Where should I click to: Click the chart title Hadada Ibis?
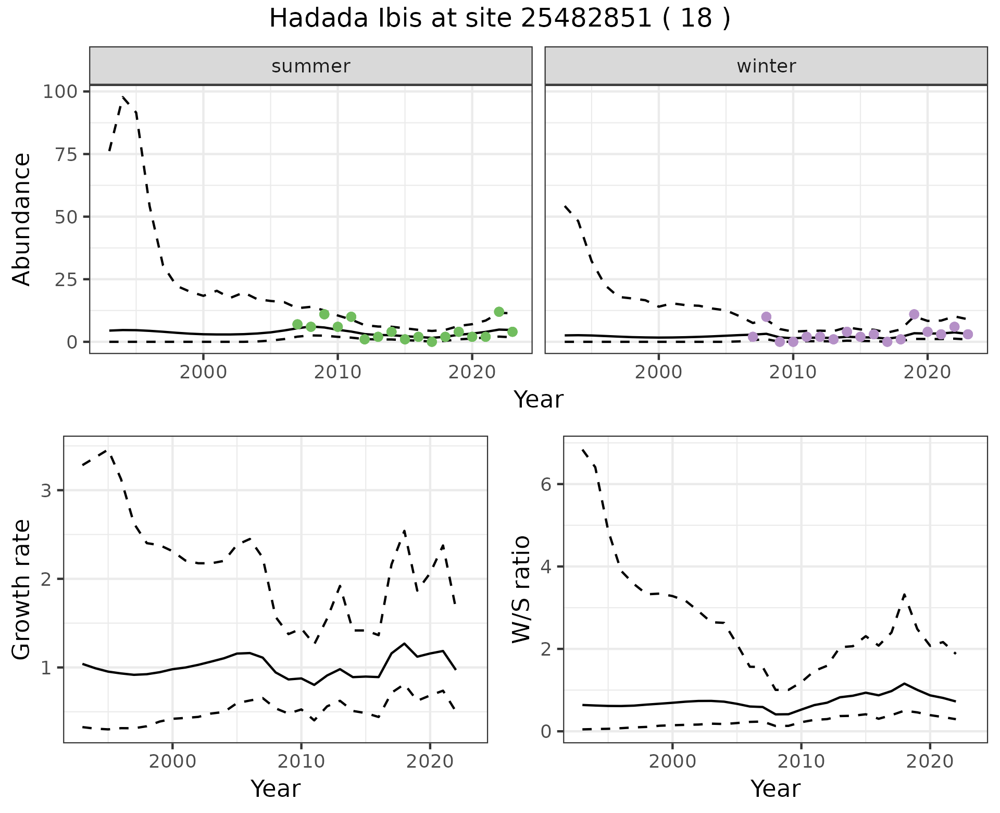[x=499, y=19]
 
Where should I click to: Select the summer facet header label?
[x=311, y=66]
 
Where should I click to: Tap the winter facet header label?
[x=766, y=66]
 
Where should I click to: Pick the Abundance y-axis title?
[x=22, y=219]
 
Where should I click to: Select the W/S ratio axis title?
[x=521, y=589]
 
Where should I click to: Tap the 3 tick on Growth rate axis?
[x=46, y=490]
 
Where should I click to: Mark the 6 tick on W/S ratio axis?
[x=546, y=484]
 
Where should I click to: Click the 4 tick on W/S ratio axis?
[x=546, y=566]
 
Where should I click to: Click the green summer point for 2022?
[x=499, y=312]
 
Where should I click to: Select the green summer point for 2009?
[x=324, y=314]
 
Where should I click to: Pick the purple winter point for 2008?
[x=766, y=317]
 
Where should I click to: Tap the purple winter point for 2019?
[x=914, y=314]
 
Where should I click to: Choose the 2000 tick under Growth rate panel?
[x=172, y=761]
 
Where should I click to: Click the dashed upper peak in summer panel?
[x=123, y=97]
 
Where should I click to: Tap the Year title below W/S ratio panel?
[x=775, y=789]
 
